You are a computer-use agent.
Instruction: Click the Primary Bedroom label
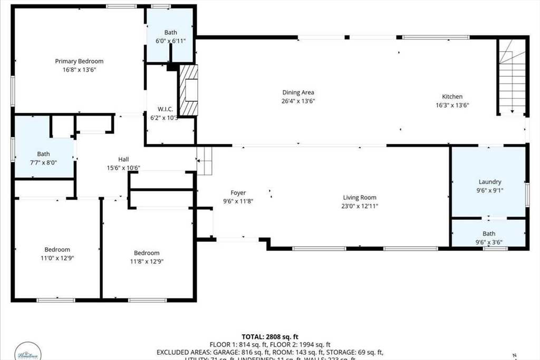tap(79, 61)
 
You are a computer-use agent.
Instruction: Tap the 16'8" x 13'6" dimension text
tap(79, 70)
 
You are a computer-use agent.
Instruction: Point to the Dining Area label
tap(298, 92)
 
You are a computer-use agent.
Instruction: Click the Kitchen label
tap(452, 96)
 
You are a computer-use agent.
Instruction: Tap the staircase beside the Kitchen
tap(513, 79)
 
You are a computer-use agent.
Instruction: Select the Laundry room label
tap(490, 182)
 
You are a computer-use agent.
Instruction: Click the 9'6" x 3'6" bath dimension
tap(489, 242)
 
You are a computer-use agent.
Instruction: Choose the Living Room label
tap(361, 198)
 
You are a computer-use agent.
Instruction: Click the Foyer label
tap(238, 193)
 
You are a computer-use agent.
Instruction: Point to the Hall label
tap(123, 159)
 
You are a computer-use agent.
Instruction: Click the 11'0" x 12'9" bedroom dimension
tap(57, 258)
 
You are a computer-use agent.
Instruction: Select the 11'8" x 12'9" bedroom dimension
tap(147, 261)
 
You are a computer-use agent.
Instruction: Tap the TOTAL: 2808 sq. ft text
tap(270, 336)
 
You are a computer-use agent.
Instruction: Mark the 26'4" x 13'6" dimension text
tap(298, 101)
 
